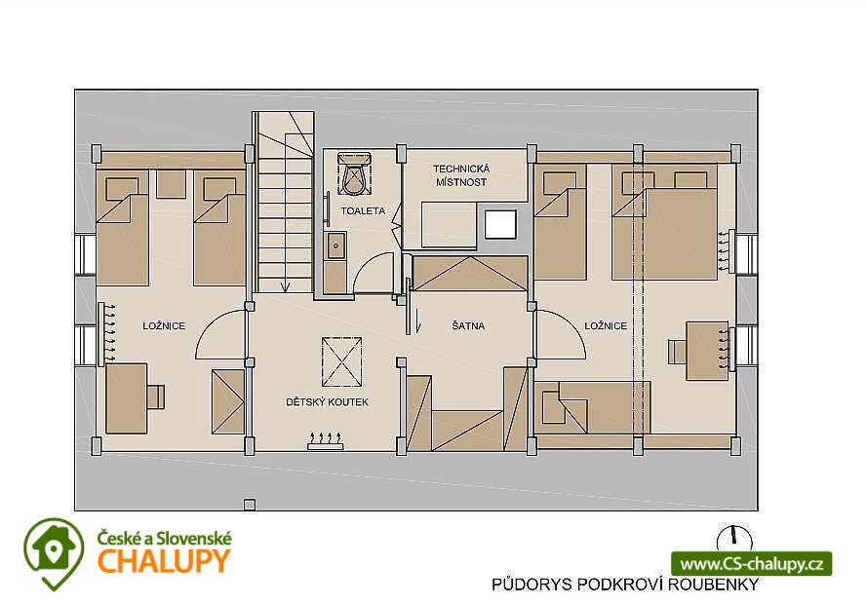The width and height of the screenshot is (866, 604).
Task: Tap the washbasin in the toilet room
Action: click(335, 246)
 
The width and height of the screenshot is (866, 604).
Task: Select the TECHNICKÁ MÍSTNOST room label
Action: click(461, 175)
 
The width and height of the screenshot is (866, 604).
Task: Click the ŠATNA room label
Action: click(468, 326)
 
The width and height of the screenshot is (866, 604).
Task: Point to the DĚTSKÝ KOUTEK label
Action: click(327, 402)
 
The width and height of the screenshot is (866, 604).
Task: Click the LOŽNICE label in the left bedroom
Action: click(164, 326)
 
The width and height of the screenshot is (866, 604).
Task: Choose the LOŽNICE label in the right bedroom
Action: click(606, 326)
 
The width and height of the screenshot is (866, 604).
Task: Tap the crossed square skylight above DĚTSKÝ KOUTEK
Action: click(342, 361)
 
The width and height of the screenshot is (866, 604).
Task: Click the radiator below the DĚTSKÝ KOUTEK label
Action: click(326, 441)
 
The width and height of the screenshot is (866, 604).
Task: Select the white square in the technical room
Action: click(500, 224)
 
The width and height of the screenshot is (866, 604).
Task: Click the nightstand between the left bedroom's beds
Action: click(172, 184)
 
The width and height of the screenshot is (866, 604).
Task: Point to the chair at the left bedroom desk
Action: click(156, 397)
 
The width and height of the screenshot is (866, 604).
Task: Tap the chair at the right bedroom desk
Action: click(677, 352)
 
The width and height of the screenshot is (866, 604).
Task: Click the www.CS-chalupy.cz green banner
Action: click(752, 564)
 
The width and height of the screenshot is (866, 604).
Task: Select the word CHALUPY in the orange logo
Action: click(164, 561)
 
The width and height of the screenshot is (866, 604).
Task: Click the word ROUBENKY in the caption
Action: click(713, 585)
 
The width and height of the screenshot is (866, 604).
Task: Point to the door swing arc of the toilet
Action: click(368, 262)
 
